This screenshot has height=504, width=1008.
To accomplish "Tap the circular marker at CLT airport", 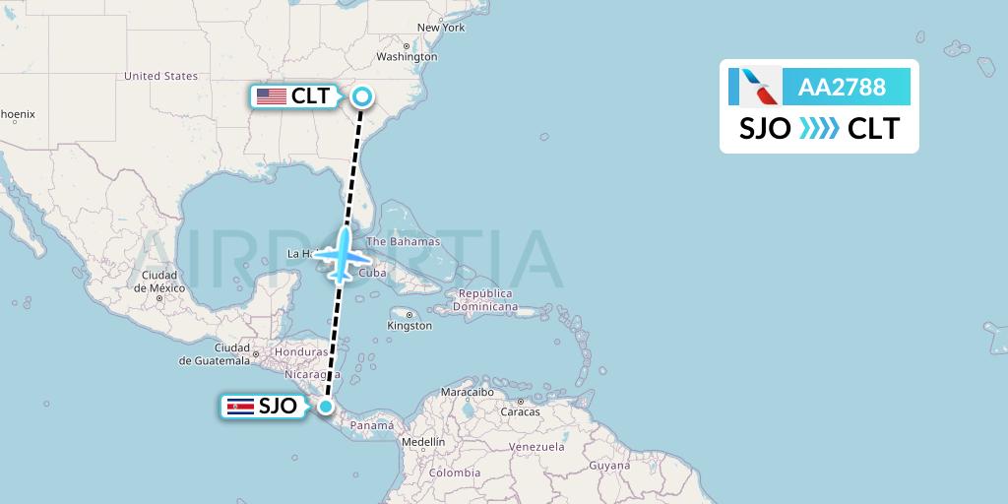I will pos(362,96).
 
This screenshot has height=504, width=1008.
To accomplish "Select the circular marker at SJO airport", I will pos(325,406).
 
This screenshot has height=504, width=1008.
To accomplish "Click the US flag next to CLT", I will pos(270,96).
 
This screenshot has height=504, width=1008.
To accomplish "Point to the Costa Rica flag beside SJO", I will pos(239,406).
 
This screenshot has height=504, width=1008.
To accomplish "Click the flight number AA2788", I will pos(843,87).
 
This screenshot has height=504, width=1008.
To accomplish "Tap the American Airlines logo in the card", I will pos(755,87).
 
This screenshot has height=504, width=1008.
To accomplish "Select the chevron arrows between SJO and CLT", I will pos(819,129).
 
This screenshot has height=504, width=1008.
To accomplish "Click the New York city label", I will pos(440,28).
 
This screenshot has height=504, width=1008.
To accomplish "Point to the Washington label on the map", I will pos(406,56).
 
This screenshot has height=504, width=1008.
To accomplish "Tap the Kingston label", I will pos(409,325).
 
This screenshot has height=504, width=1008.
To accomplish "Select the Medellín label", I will pos(423,442).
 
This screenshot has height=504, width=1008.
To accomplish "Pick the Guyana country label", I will pos(609,465).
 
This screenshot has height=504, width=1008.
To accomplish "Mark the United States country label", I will pos(160,76).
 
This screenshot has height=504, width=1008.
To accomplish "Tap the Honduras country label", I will pos(301,351).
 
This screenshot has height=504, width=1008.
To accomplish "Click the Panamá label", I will pos(372,425).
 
